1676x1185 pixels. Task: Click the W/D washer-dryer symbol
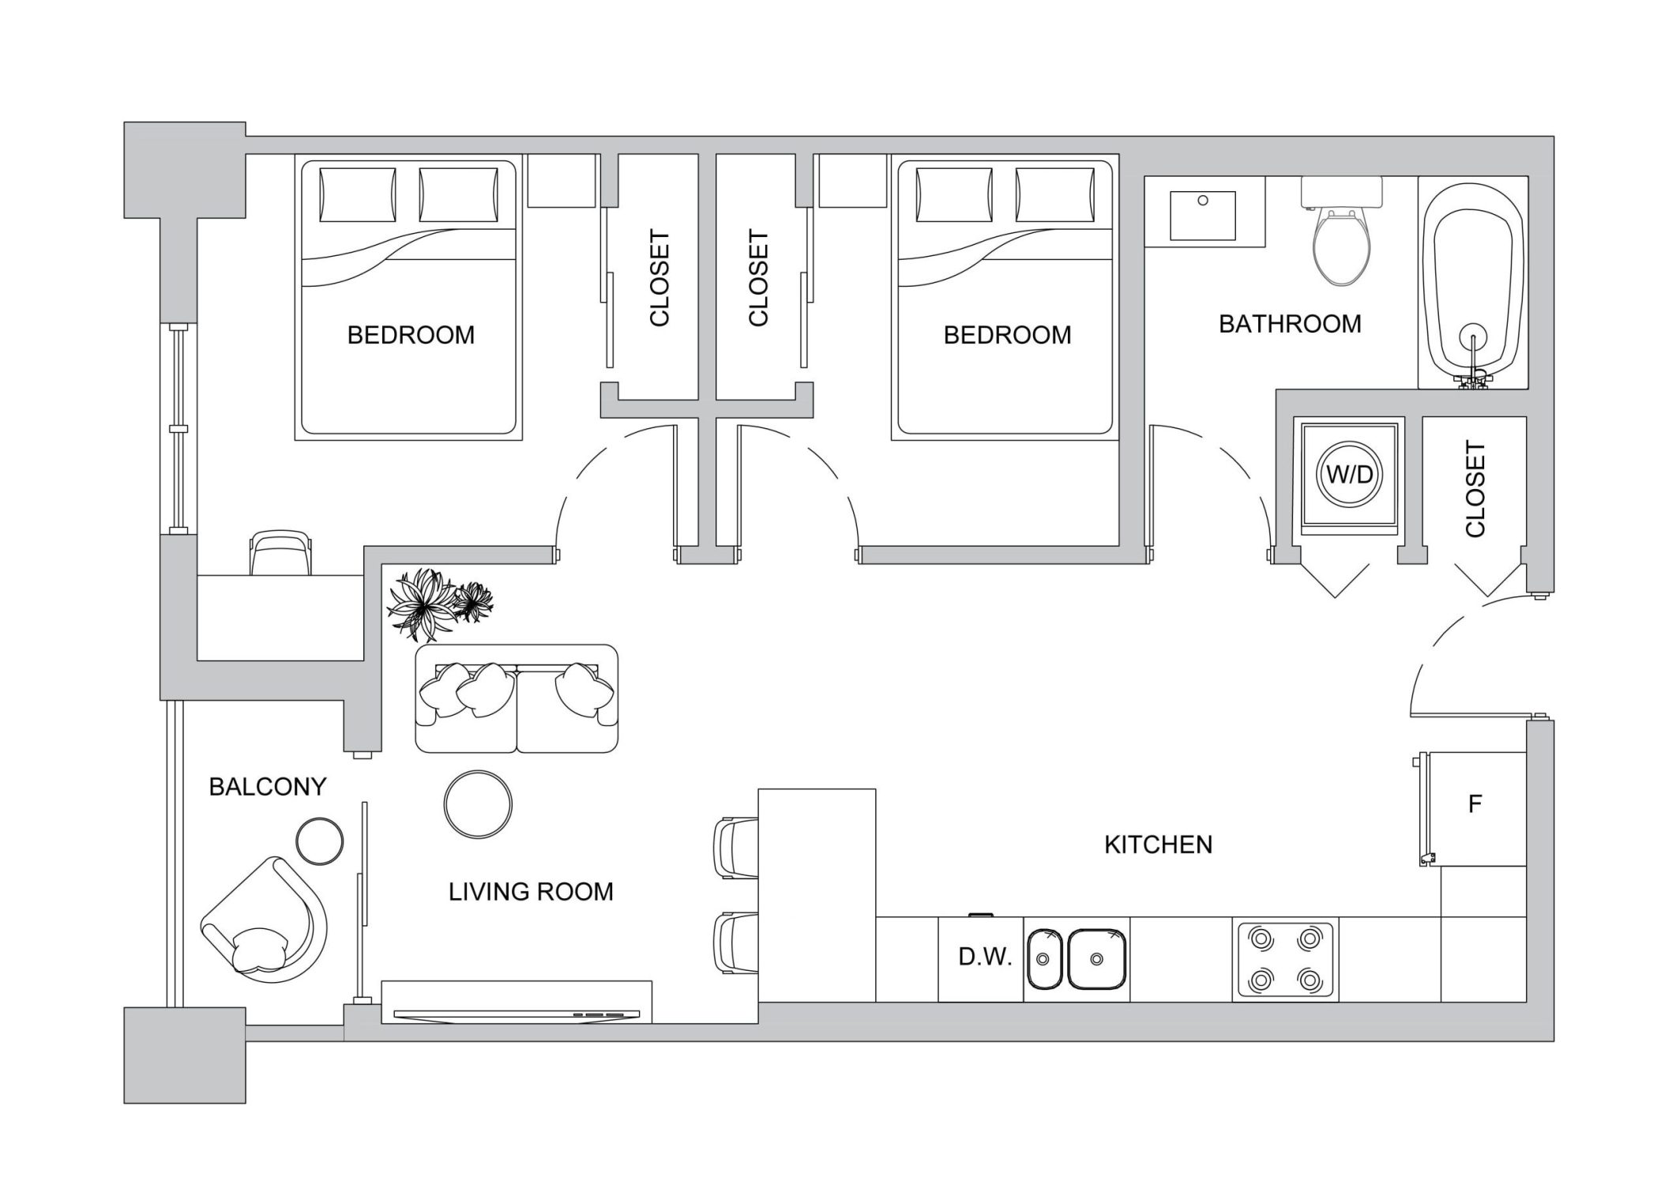1349,475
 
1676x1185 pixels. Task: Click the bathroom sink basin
1202,213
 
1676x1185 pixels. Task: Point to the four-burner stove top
1285,959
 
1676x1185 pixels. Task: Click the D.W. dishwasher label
984,957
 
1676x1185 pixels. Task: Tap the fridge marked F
1473,807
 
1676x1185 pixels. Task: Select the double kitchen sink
1077,959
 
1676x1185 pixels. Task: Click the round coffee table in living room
478,804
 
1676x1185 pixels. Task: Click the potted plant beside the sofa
435,604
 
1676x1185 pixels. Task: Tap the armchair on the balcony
265,920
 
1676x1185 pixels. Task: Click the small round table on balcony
319,841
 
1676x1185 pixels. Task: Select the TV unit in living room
517,1003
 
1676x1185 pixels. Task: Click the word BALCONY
267,787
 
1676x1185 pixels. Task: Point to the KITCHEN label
1158,845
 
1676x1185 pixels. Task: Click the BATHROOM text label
1289,324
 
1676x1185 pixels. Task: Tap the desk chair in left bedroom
280,553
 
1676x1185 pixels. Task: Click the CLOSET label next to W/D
1475,490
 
